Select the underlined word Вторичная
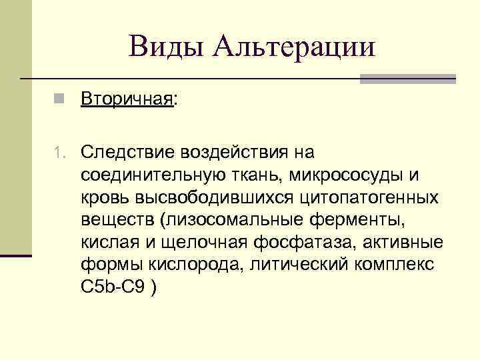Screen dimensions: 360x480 (x=127, y=100)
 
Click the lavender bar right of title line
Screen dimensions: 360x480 (x=407, y=79)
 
